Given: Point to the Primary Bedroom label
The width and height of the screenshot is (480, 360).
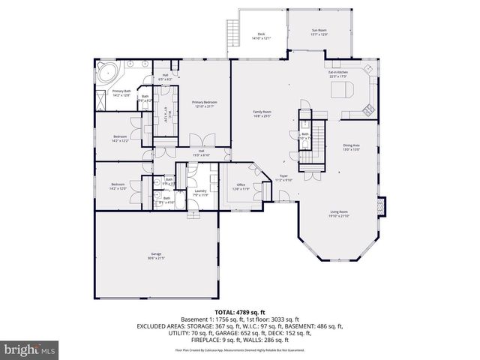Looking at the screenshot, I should coord(203,103).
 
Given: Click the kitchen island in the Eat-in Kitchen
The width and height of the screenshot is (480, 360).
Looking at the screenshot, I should coord(341,91).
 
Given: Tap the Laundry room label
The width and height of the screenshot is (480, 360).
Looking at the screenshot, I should coord(200,192).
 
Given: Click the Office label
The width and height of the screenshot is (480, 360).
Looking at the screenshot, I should coord(240,185).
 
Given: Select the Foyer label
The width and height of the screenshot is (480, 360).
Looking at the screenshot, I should coord(283,178).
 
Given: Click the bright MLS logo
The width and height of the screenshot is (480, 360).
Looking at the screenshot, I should coord(30,349).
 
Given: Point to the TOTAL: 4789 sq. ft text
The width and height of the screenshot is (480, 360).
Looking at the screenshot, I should coord(240,310).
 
